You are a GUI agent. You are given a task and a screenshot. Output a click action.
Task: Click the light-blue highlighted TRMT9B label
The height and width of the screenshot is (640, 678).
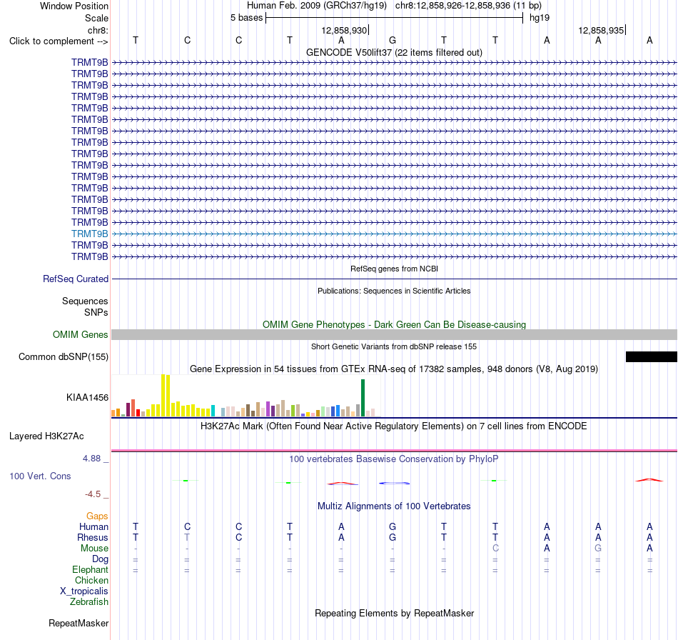tap(89, 234)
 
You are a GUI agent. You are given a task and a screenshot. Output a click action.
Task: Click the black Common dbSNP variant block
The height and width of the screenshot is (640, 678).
tap(651, 356)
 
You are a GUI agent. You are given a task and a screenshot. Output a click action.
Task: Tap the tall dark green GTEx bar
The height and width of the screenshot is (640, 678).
tap(363, 398)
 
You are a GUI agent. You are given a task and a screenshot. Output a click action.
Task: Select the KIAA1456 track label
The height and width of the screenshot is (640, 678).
tap(87, 397)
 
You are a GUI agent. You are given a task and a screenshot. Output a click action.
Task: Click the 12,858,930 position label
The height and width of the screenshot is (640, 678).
tap(344, 30)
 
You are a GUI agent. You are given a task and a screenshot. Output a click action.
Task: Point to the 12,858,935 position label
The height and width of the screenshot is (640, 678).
tap(601, 30)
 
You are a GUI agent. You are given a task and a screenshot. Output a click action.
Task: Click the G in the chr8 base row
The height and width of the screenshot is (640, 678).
tap(393, 40)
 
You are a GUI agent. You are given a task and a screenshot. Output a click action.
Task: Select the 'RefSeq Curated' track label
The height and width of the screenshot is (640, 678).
tap(76, 279)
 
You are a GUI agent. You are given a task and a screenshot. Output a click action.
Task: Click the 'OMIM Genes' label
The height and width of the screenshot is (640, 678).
tap(80, 334)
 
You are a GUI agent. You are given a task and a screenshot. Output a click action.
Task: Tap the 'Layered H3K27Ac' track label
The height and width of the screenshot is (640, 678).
tap(46, 436)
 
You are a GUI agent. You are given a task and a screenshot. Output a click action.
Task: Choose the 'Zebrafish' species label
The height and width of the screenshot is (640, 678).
tap(89, 601)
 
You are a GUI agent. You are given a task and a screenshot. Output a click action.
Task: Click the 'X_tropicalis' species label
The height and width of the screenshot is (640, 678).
tap(84, 591)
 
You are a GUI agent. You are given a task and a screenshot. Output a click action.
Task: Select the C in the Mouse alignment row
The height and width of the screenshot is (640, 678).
tap(495, 548)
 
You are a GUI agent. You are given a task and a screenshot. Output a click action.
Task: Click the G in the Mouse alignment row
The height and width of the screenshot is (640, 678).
tap(598, 548)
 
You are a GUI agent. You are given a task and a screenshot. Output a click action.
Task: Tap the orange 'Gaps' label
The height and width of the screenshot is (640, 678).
tap(97, 516)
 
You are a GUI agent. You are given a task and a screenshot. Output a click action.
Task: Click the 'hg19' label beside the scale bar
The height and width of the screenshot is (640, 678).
tap(540, 18)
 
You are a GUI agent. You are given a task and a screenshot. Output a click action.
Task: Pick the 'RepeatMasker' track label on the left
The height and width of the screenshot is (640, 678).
tap(79, 623)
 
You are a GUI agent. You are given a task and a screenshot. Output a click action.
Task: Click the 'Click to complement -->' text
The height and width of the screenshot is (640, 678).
tap(59, 41)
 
